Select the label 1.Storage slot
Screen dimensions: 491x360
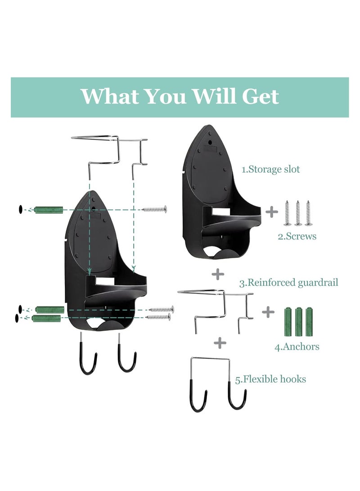click(x=270, y=169)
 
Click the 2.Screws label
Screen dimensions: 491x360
click(x=297, y=236)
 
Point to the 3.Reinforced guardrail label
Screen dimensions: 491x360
click(x=288, y=283)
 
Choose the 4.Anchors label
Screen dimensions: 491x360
click(x=297, y=347)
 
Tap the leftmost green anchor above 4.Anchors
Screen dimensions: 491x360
click(x=288, y=320)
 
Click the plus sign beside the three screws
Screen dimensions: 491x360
click(x=272, y=212)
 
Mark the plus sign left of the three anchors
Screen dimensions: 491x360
click(x=268, y=311)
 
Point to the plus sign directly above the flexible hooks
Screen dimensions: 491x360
click(x=220, y=343)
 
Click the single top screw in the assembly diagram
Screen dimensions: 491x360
click(x=154, y=209)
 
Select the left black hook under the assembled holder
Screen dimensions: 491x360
click(x=90, y=358)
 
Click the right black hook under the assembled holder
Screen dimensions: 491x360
click(x=127, y=358)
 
